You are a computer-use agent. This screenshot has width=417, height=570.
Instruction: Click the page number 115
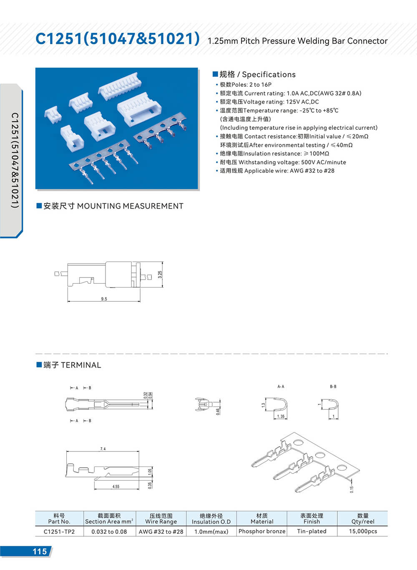pyautogui.click(x=40, y=551)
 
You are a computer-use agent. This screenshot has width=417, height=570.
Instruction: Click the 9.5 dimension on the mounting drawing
pyautogui.click(x=104, y=299)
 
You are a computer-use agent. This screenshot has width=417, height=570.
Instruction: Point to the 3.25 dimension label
pyautogui.click(x=160, y=275)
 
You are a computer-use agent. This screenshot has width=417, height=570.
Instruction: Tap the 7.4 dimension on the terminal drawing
pyautogui.click(x=103, y=449)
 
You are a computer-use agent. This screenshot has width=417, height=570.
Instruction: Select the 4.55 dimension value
pyautogui.click(x=116, y=487)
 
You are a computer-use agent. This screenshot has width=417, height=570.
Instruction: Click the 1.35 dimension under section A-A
pyautogui.click(x=281, y=416)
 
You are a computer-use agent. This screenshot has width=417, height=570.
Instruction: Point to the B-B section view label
pyautogui.click(x=333, y=387)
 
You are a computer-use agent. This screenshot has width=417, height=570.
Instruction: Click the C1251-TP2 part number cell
pyautogui.click(x=59, y=532)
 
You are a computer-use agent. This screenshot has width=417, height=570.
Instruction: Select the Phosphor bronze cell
pyautogui.click(x=262, y=531)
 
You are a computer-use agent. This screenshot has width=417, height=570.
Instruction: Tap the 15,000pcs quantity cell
pyautogui.click(x=363, y=531)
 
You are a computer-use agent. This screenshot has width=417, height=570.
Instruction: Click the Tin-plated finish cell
pyautogui.click(x=311, y=531)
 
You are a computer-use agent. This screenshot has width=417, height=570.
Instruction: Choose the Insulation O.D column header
pyautogui.click(x=211, y=519)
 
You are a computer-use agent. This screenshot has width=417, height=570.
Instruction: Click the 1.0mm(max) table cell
pyautogui.click(x=211, y=532)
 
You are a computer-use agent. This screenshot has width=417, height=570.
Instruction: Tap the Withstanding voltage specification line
pyautogui.click(x=283, y=162)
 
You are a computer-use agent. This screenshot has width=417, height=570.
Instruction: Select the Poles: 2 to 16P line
pyautogui.click(x=246, y=85)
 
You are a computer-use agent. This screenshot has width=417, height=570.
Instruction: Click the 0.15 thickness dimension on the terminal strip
pyautogui.click(x=352, y=489)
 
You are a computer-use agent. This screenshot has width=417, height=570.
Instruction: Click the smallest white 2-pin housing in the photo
pyautogui.click(x=53, y=113)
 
